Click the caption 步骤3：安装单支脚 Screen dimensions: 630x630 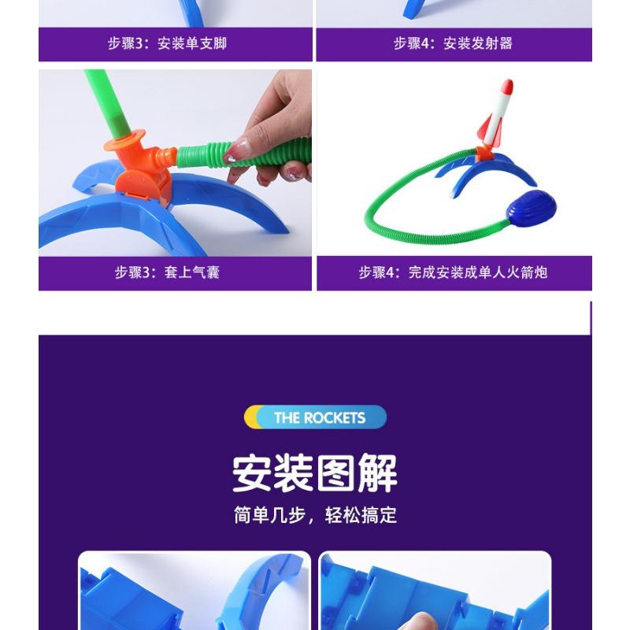(167, 44)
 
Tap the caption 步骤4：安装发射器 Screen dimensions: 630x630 (453, 44)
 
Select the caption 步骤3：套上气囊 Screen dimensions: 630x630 (167, 272)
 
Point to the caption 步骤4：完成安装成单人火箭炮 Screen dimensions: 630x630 (453, 272)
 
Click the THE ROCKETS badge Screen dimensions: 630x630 (315, 417)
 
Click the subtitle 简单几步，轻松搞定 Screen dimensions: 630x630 (315, 516)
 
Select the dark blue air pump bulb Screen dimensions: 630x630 (532, 207)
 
